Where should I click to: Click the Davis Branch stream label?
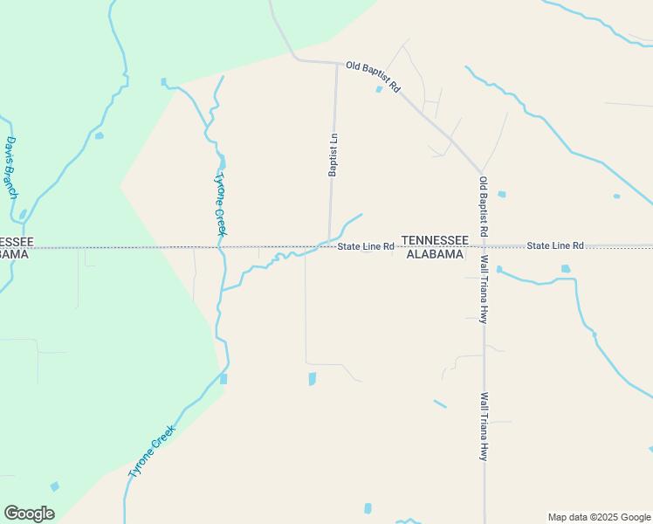pyautogui.click(x=11, y=167)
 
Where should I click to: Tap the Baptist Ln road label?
pyautogui.click(x=333, y=155)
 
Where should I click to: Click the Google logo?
pyautogui.click(x=29, y=514)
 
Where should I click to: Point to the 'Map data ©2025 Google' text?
pyautogui.click(x=598, y=517)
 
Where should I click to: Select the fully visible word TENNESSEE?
pyautogui.click(x=435, y=240)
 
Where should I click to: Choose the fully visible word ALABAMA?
pyautogui.click(x=435, y=255)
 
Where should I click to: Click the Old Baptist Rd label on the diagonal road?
pyautogui.click(x=373, y=77)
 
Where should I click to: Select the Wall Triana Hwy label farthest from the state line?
pyautogui.click(x=483, y=426)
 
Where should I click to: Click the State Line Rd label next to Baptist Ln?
pyautogui.click(x=367, y=247)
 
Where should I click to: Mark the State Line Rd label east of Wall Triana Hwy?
pyautogui.click(x=554, y=247)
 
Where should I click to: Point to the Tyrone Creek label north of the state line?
pyautogui.click(x=220, y=203)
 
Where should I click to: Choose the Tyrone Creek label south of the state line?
pyautogui.click(x=152, y=451)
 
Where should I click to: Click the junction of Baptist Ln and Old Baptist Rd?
pyautogui.click(x=337, y=63)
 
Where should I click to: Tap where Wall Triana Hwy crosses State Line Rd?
pyautogui.click(x=483, y=246)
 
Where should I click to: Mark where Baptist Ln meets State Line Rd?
pyautogui.click(x=329, y=246)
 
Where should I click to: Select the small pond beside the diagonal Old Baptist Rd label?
pyautogui.click(x=379, y=89)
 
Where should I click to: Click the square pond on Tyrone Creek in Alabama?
pyautogui.click(x=223, y=379)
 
